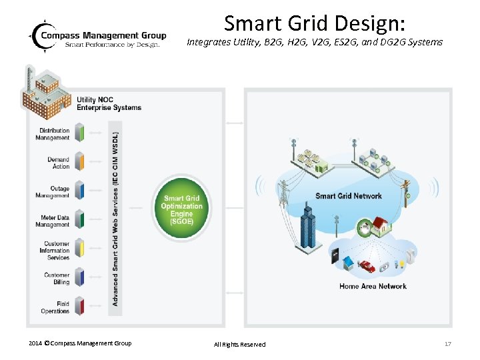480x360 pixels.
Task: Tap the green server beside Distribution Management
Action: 79,132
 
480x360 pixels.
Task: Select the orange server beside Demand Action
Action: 79,161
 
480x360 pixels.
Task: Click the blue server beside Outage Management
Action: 79,191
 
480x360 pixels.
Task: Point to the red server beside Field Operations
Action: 79,306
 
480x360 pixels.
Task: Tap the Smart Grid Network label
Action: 348,196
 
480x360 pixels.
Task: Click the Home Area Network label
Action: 373,287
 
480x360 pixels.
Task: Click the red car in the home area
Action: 367,266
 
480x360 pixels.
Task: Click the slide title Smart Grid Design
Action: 315,24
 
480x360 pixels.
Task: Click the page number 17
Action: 447,343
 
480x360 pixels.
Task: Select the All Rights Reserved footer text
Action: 239,344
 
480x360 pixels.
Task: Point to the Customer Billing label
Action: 57,279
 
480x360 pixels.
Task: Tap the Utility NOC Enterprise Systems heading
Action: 109,103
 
